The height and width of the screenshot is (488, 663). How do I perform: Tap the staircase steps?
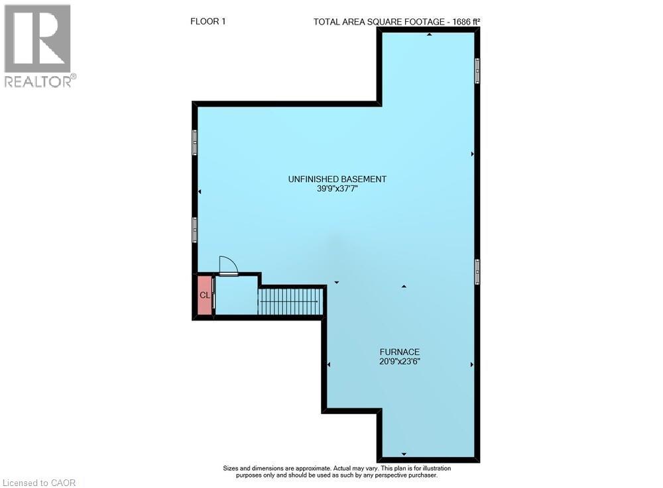[290, 301]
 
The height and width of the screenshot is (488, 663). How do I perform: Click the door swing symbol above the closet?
[228, 266]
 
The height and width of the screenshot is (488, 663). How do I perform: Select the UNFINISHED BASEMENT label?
[337, 179]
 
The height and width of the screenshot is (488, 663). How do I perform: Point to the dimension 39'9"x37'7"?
[337, 189]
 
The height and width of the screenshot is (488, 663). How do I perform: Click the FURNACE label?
[399, 352]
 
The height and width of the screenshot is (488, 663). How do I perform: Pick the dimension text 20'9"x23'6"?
[399, 362]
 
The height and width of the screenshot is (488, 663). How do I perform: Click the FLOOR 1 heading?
[208, 21]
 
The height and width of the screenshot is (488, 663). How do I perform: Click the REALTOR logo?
[38, 46]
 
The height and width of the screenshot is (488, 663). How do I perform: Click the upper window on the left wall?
[195, 142]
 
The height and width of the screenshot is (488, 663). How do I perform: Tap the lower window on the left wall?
[195, 230]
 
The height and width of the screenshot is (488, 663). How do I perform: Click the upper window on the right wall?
[477, 71]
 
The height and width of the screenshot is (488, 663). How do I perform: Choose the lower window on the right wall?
[477, 271]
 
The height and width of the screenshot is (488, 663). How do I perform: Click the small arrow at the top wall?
[429, 34]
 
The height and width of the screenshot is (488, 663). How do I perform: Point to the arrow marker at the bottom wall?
[404, 454]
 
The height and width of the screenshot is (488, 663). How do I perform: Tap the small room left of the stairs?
[236, 295]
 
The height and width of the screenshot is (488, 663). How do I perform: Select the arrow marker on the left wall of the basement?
[200, 192]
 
